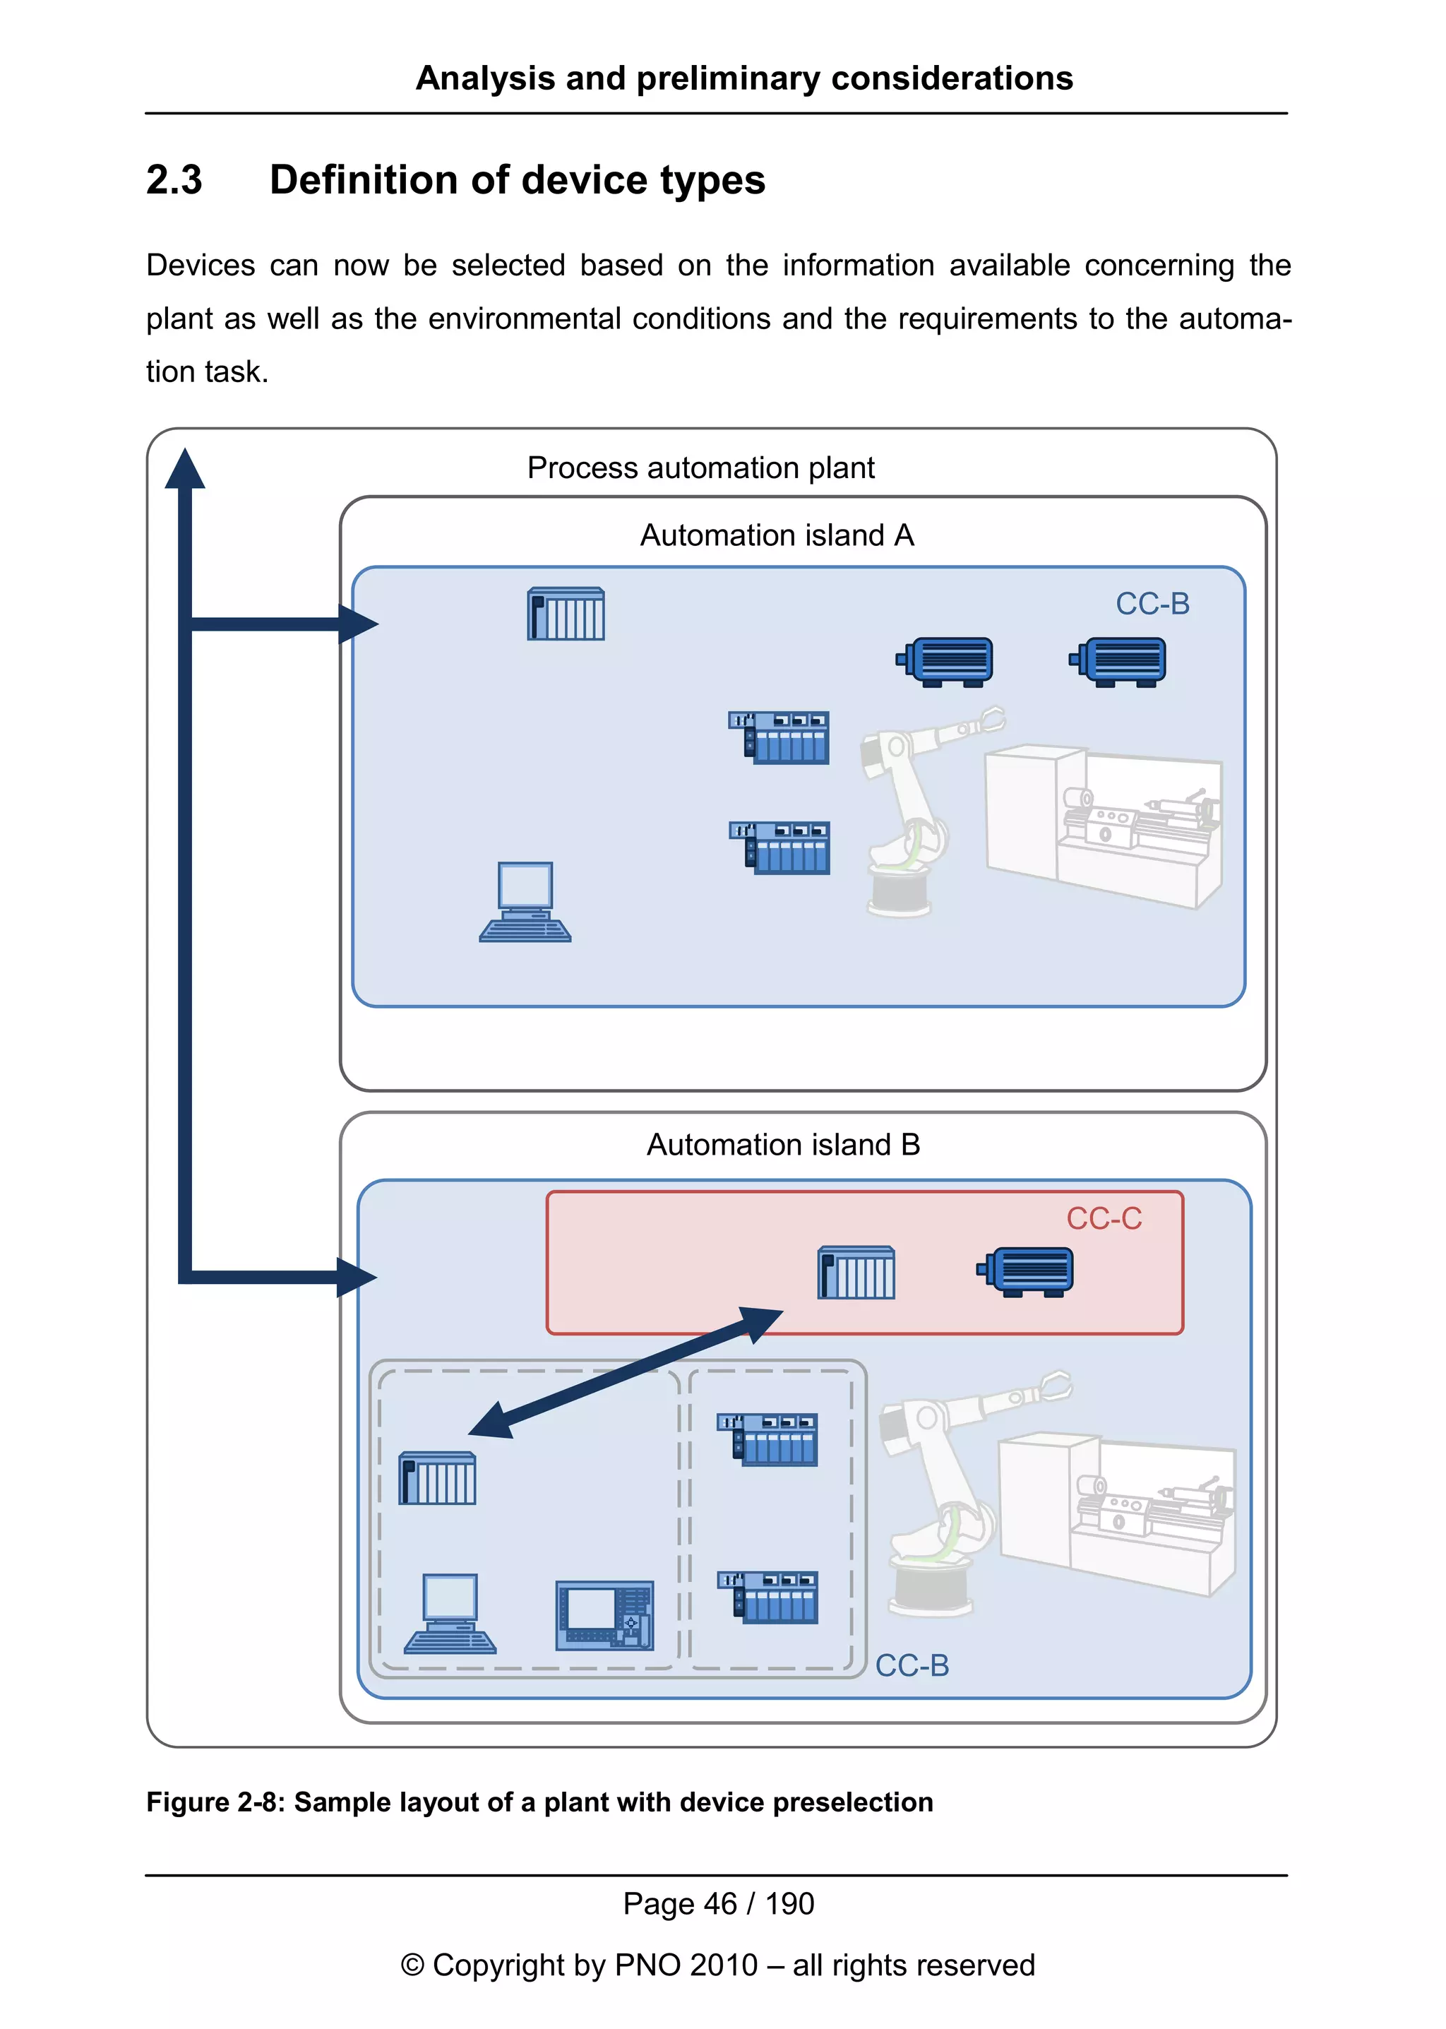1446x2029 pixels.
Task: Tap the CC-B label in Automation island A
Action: coord(1152,604)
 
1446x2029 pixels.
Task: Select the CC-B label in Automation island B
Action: coord(912,1665)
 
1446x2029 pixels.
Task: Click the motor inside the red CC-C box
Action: coord(1026,1271)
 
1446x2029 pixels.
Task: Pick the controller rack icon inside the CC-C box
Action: coord(856,1272)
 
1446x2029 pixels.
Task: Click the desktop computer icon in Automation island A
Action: coord(525,901)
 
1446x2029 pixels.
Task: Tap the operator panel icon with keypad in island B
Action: coord(604,1615)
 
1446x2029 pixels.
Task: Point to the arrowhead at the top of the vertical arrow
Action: coord(184,470)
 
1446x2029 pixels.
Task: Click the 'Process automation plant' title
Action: coord(700,468)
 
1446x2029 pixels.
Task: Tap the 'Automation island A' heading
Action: coord(777,535)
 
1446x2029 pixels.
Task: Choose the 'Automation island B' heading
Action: coord(782,1145)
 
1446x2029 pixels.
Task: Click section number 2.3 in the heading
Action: coord(174,180)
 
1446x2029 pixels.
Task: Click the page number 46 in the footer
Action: coord(720,1903)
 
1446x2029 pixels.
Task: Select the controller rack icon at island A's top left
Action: coord(566,614)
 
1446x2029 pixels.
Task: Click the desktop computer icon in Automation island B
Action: coord(450,1613)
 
